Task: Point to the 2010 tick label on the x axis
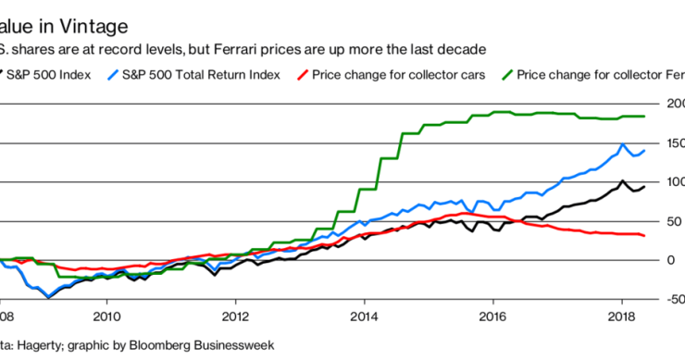coord(106,315)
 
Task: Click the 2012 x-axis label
coord(236,315)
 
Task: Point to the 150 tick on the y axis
coord(672,143)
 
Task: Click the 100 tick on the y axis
coord(672,181)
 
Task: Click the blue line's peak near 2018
coord(623,144)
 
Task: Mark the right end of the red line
coord(644,236)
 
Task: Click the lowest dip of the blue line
coord(48,298)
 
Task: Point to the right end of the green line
coord(644,117)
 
